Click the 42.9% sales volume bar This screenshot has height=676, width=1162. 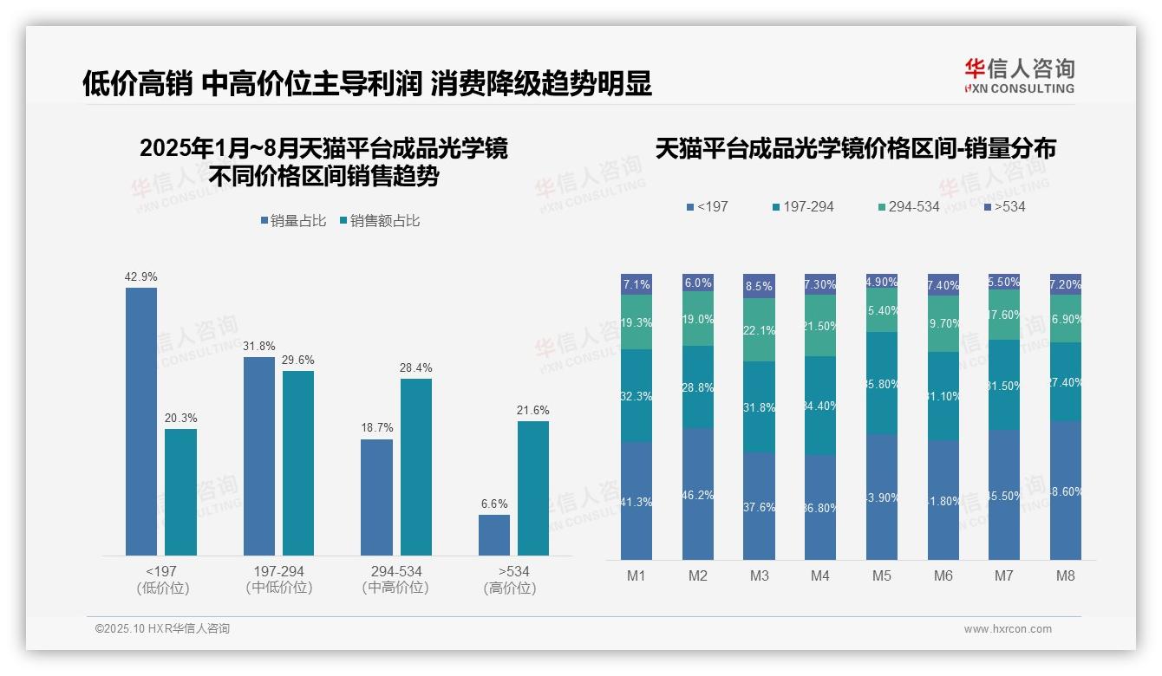141,421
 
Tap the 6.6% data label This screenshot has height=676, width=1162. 494,504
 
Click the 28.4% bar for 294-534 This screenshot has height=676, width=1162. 416,467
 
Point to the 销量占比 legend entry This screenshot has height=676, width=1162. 293,221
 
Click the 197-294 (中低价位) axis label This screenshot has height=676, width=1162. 279,579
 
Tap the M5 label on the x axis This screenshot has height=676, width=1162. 882,575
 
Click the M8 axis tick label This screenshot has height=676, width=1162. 1066,575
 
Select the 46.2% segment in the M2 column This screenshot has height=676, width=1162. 698,494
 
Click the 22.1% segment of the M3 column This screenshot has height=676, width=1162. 760,329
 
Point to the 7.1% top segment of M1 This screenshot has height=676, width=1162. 636,284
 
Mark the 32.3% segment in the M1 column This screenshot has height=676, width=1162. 636,395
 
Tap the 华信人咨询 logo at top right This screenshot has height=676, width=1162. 1019,75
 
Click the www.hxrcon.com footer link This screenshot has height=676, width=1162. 1008,629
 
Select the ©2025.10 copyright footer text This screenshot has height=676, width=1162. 162,629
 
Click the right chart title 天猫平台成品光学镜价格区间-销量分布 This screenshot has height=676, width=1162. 855,148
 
